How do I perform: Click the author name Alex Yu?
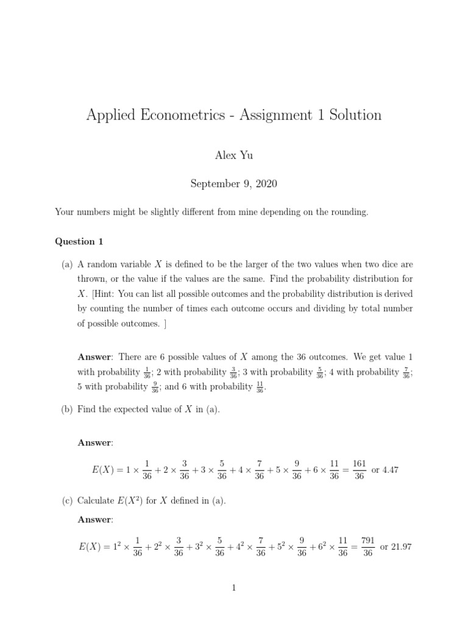pyautogui.click(x=233, y=155)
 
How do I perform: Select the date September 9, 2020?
pyautogui.click(x=233, y=183)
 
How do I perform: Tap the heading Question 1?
pyautogui.click(x=79, y=241)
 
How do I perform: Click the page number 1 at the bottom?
pyautogui.click(x=233, y=587)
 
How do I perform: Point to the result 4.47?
pyautogui.click(x=389, y=470)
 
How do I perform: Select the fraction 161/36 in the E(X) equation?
pyautogui.click(x=360, y=470)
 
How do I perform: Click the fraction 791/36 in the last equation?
pyautogui.click(x=367, y=547)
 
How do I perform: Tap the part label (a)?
pyautogui.click(x=67, y=265)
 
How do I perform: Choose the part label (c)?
pyautogui.click(x=67, y=501)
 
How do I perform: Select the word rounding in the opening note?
pyautogui.click(x=349, y=212)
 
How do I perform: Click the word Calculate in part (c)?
pyautogui.click(x=96, y=501)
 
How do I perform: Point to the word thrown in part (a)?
pyautogui.click(x=93, y=280)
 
